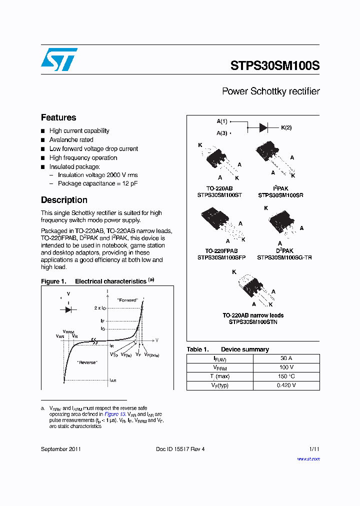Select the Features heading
coord(58,117)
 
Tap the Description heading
coord(64,200)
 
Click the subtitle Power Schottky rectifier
coord(270,91)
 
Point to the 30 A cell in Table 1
coord(286,358)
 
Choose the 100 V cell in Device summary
coord(286,367)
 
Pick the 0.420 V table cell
coord(286,385)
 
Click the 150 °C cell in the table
coord(286,376)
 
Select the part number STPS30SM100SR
coord(280,195)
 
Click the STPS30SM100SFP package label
coord(221,257)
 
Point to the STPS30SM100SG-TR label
coord(284,257)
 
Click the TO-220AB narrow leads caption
coord(253,315)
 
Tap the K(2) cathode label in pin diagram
coord(286,127)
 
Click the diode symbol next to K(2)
coord(264,127)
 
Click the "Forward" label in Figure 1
coord(127,300)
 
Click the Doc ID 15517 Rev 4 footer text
coord(180,449)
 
